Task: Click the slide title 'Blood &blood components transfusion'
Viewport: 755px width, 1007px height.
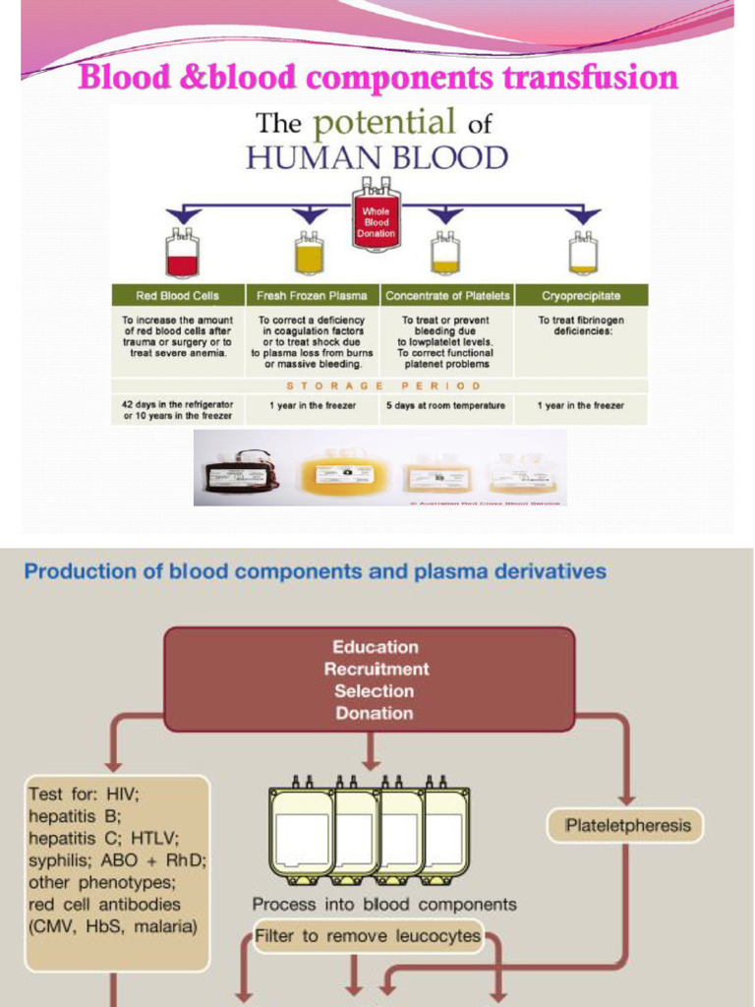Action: pos(377,77)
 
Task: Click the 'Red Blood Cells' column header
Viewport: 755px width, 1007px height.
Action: pos(178,295)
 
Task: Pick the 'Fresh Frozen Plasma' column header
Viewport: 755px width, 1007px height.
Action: pos(312,295)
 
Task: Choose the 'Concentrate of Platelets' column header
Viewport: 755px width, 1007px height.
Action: pos(447,295)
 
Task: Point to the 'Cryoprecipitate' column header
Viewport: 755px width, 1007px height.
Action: pos(581,295)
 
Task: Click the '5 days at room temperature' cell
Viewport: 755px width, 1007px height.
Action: pos(447,405)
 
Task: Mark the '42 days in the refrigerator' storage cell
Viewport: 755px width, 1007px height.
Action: pos(178,410)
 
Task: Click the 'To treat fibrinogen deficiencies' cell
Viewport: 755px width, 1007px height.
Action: pos(581,326)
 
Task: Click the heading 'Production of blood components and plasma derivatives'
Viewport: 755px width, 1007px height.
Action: pos(315,571)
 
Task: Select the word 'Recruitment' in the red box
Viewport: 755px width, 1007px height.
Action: pos(377,669)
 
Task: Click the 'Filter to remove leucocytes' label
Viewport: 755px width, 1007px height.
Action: pos(368,935)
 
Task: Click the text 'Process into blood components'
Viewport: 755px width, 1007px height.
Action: pos(383,904)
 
